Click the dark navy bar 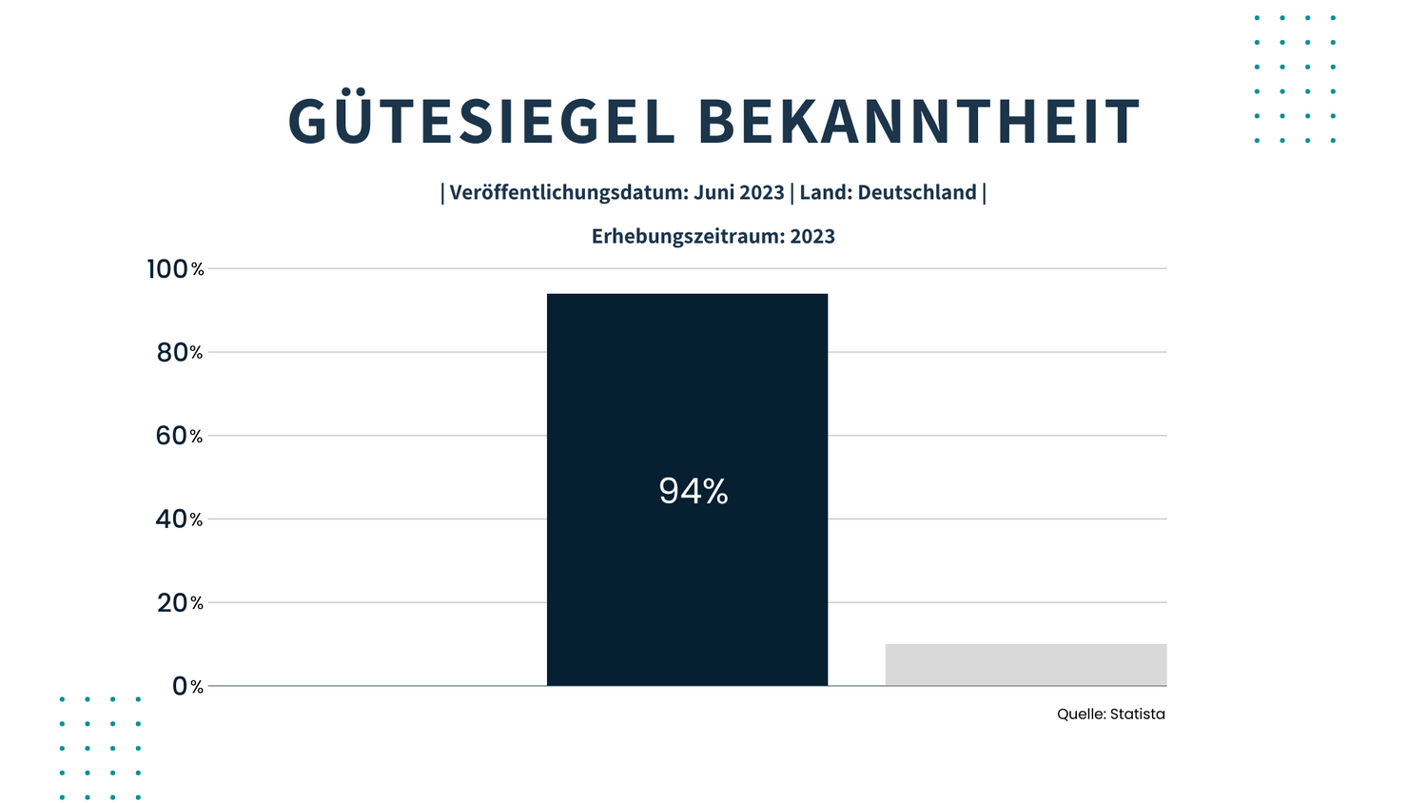tap(687, 400)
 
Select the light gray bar tap(1026, 664)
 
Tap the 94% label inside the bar tap(694, 491)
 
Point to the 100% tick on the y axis tap(175, 269)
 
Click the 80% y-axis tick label tap(179, 352)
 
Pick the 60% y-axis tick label tap(179, 436)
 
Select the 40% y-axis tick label tap(179, 519)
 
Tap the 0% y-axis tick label tap(187, 686)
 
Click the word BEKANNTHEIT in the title tap(919, 122)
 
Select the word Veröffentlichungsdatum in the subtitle tap(568, 192)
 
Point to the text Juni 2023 tap(739, 192)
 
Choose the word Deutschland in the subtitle tap(917, 192)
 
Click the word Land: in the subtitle tap(826, 192)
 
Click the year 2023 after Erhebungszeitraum tap(812, 236)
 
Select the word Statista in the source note tap(1137, 714)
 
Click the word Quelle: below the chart tap(1081, 714)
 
